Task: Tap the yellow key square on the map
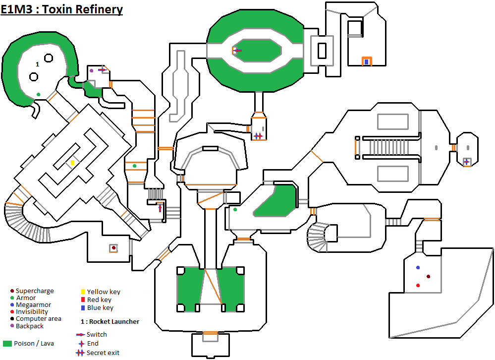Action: [x=72, y=163]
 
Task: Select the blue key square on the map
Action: [x=366, y=62]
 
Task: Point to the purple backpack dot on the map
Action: [x=91, y=71]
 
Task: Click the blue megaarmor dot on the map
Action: [x=418, y=268]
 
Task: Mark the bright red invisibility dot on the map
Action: [x=418, y=285]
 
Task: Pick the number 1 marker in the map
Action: [x=37, y=64]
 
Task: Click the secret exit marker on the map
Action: [x=258, y=135]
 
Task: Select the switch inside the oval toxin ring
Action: [x=237, y=50]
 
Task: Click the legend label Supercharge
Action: [x=35, y=291]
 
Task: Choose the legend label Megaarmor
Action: [x=33, y=305]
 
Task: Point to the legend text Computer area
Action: [x=39, y=319]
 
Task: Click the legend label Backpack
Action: [x=30, y=326]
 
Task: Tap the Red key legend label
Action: [x=99, y=300]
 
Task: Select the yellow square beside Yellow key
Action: [x=83, y=292]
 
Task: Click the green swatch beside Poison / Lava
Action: [x=7, y=343]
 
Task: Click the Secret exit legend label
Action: [x=103, y=353]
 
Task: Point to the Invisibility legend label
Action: [x=32, y=312]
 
